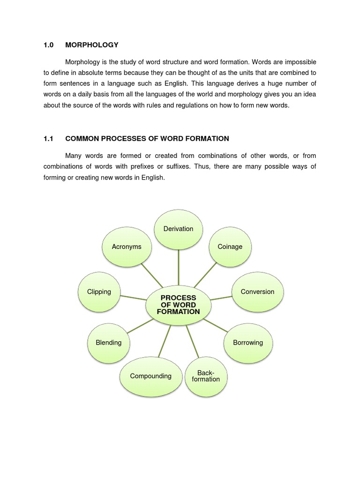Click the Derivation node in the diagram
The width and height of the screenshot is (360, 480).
click(178, 229)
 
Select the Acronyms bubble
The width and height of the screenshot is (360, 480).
click(127, 247)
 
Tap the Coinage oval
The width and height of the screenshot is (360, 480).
click(230, 247)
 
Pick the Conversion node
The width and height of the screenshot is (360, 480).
click(257, 292)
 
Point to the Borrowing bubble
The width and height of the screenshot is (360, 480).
click(248, 343)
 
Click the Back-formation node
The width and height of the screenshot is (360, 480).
click(206, 376)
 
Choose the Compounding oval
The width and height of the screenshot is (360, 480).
click(151, 376)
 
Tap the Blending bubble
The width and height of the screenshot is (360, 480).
click(109, 343)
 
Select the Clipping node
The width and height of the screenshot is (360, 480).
click(99, 292)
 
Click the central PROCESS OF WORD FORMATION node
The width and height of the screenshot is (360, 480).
click(178, 305)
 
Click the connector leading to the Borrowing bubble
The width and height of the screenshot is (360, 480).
click(217, 324)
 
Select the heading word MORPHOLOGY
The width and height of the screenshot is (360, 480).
click(92, 45)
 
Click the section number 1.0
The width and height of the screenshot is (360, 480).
click(49, 45)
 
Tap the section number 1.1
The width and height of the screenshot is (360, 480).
click(49, 139)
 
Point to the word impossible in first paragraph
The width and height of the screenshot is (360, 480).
click(299, 62)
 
